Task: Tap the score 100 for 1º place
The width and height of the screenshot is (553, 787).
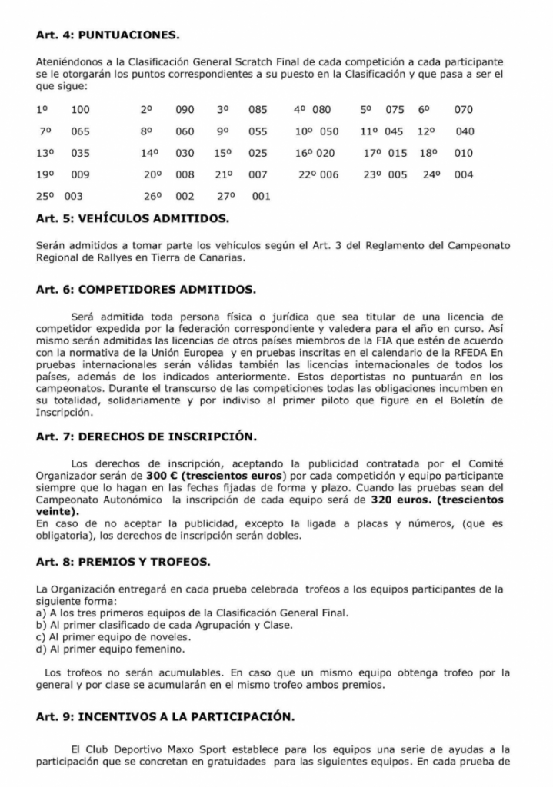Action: [x=80, y=110]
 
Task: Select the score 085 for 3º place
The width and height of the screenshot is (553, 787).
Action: [x=258, y=110]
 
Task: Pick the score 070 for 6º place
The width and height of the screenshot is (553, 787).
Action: [x=464, y=110]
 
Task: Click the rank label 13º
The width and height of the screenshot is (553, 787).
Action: [x=44, y=153]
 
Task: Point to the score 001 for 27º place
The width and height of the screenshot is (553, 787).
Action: [x=261, y=197]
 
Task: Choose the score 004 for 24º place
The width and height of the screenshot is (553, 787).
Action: [x=464, y=174]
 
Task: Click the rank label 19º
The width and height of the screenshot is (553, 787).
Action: [x=44, y=174]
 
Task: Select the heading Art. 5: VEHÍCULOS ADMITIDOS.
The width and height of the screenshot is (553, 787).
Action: [x=132, y=219]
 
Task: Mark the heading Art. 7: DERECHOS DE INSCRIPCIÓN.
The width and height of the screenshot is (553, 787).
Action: [x=147, y=437]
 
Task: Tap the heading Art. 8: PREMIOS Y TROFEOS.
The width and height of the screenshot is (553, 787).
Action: [x=122, y=563]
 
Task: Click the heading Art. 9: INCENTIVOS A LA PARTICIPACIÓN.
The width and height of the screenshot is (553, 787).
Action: [x=165, y=717]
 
